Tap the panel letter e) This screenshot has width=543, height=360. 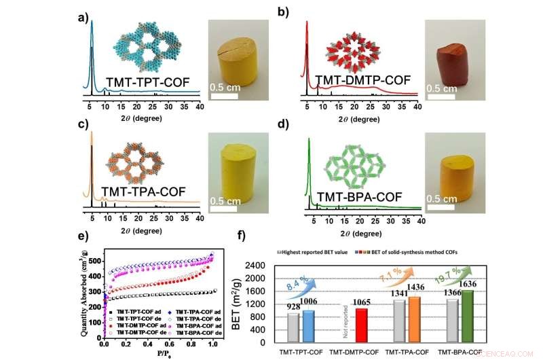[83, 236]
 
